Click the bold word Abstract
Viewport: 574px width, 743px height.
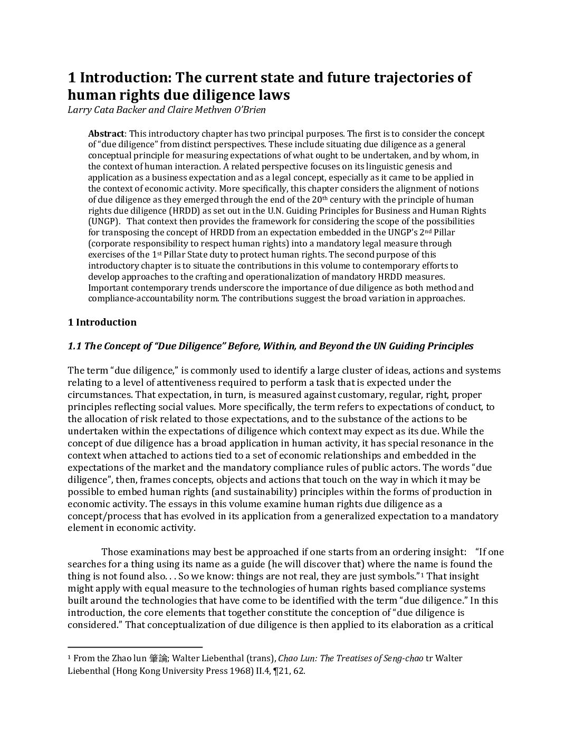[x=106, y=134]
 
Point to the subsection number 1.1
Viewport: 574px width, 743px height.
[x=74, y=346]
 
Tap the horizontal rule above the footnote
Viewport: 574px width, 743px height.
[x=135, y=646]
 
